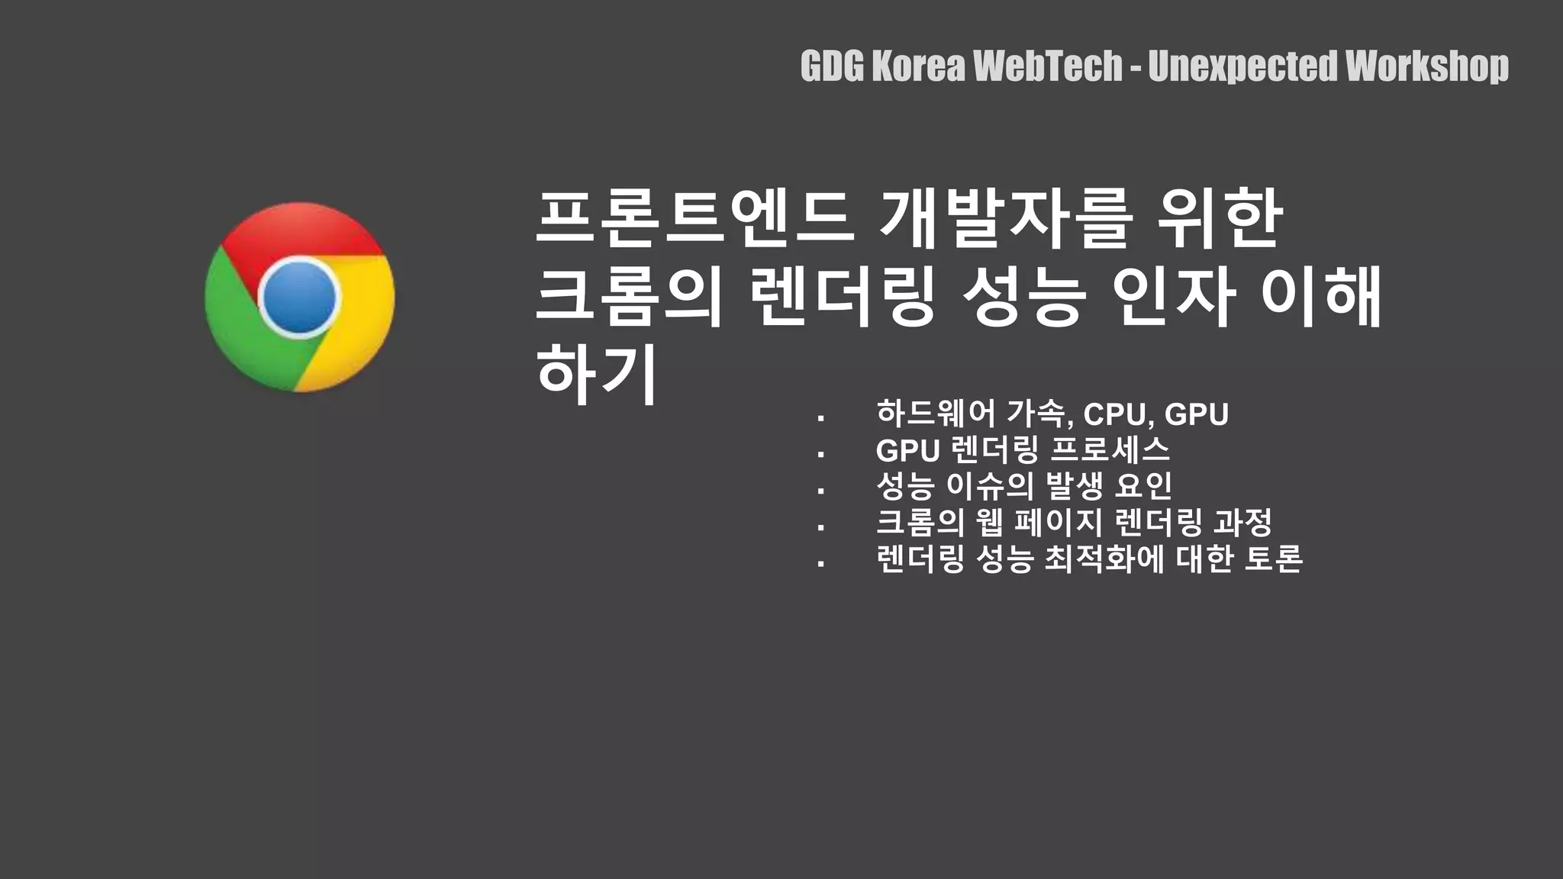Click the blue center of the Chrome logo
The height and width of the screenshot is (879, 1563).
(298, 298)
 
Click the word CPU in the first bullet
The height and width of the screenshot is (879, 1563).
(1114, 414)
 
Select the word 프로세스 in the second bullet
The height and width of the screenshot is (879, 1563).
(1110, 450)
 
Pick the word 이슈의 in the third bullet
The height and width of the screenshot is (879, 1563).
(990, 486)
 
